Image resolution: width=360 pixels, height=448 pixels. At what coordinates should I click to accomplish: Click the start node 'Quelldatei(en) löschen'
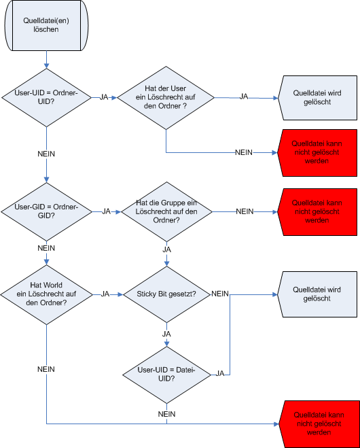(46, 25)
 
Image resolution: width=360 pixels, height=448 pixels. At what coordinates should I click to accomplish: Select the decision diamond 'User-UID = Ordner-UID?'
(47, 97)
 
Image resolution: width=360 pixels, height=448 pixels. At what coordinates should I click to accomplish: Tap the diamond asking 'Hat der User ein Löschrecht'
(166, 98)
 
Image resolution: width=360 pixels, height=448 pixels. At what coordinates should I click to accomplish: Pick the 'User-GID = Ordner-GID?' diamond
(47, 211)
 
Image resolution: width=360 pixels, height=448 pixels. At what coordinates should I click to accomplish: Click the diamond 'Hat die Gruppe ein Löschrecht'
(166, 211)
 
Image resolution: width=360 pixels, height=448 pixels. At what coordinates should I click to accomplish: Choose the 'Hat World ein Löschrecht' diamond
(47, 294)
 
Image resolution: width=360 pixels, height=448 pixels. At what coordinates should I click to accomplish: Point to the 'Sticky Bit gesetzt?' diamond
(166, 294)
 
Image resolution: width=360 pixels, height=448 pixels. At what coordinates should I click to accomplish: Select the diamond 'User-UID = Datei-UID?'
(166, 375)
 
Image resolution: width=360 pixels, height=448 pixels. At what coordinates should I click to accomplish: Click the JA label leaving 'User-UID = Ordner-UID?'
(104, 97)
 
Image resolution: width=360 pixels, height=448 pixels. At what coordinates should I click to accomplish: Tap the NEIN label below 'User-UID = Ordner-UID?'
(46, 154)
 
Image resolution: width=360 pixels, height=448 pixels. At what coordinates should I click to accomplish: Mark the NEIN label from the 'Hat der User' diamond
(244, 152)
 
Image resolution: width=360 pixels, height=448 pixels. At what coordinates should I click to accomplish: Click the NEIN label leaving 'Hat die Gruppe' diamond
(245, 211)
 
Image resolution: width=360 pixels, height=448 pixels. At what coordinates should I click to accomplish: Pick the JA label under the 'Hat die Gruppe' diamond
(166, 249)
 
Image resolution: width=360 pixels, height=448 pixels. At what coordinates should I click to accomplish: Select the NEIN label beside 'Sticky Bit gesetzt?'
(220, 294)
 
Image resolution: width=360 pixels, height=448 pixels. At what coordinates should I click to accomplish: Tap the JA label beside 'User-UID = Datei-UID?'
(220, 373)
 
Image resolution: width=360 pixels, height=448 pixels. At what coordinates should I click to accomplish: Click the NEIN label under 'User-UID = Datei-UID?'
(166, 414)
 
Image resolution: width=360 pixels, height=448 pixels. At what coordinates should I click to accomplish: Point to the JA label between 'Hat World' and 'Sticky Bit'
(105, 294)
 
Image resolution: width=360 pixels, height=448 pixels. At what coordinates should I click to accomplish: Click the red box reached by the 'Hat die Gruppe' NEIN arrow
(317, 212)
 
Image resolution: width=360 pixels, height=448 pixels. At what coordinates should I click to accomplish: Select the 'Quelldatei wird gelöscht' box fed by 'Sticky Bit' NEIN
(317, 294)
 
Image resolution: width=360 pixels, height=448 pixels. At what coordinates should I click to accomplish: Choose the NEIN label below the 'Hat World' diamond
(46, 369)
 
